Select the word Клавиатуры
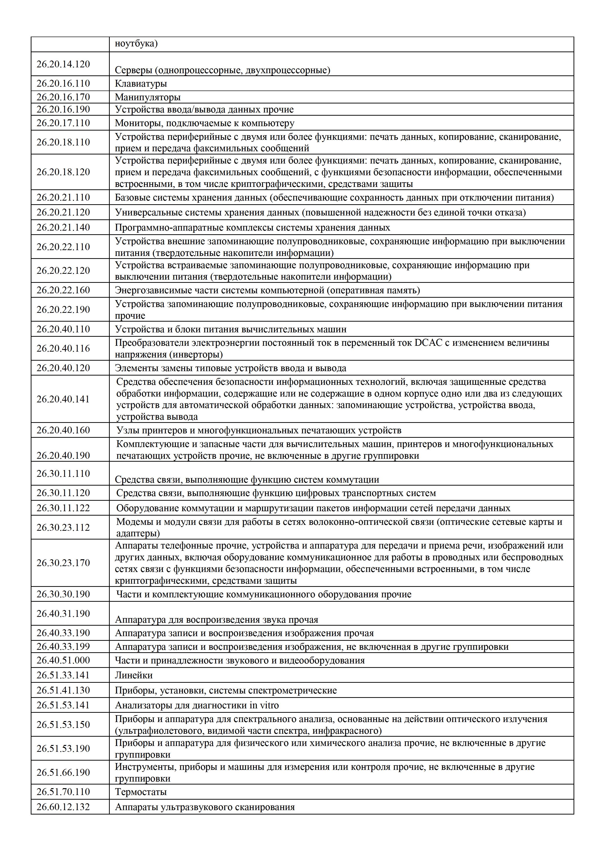pyautogui.click(x=140, y=83)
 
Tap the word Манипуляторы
pyautogui.click(x=148, y=97)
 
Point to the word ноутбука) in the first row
pyautogui.click(x=136, y=44)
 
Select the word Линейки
pyautogui.click(x=133, y=675)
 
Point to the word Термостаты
pyautogui.click(x=140, y=792)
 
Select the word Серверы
pyautogui.click(x=133, y=70)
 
